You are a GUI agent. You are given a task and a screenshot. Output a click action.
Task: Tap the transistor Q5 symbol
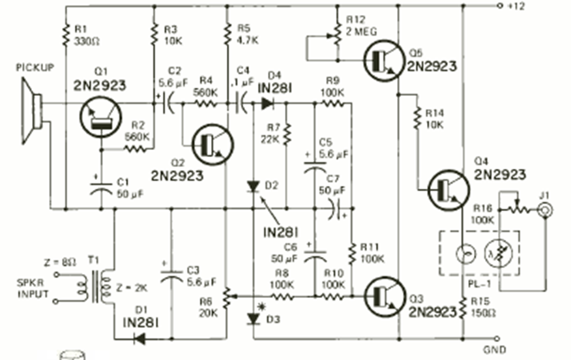[383, 59]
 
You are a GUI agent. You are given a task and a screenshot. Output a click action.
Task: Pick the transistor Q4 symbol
[448, 188]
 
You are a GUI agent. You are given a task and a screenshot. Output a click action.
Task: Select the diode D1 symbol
[139, 338]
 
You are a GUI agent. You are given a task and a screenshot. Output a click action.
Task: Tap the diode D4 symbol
[267, 103]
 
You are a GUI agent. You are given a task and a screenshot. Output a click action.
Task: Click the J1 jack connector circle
[544, 209]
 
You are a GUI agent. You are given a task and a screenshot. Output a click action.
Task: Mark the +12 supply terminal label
[516, 6]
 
